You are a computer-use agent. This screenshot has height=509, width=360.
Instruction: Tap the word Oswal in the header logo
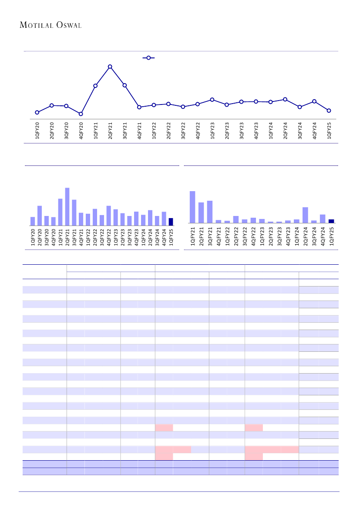click(x=69, y=25)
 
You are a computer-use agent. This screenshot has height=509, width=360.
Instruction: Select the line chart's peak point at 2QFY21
click(x=110, y=67)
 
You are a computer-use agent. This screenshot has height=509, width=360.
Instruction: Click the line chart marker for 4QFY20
click(x=81, y=114)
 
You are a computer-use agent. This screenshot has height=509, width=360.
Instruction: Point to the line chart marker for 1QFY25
click(x=329, y=111)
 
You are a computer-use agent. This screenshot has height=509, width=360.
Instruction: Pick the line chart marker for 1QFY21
click(x=95, y=86)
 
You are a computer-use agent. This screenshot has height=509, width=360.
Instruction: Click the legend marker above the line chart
click(x=148, y=57)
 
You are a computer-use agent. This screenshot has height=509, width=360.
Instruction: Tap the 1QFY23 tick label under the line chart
click(x=212, y=131)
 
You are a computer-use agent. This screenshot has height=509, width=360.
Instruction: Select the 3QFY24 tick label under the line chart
click(x=300, y=131)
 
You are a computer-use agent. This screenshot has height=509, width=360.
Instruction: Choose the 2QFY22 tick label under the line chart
click(x=168, y=131)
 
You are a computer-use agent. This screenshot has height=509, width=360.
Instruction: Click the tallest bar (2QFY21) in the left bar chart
click(x=67, y=207)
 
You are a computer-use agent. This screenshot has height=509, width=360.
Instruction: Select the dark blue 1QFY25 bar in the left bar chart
click(x=171, y=222)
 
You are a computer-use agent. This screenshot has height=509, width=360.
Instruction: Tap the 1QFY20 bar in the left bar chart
click(x=33, y=221)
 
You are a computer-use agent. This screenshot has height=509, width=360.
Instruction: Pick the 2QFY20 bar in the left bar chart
click(x=40, y=216)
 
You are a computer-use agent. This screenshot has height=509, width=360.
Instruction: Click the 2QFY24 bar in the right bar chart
click(x=305, y=215)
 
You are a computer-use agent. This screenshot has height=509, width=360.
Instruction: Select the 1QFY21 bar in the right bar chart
click(x=192, y=207)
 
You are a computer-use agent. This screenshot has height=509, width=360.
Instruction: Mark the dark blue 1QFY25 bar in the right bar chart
click(x=331, y=221)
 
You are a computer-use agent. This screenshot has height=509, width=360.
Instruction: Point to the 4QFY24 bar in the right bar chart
click(x=323, y=219)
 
